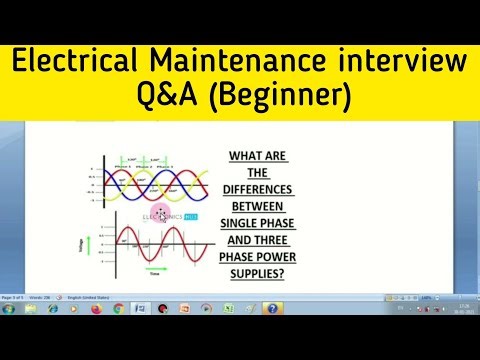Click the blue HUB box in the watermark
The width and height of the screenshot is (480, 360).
coord(190,214)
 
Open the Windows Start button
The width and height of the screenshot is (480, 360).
coord(10,310)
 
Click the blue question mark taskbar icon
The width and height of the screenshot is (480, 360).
coord(273,310)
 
